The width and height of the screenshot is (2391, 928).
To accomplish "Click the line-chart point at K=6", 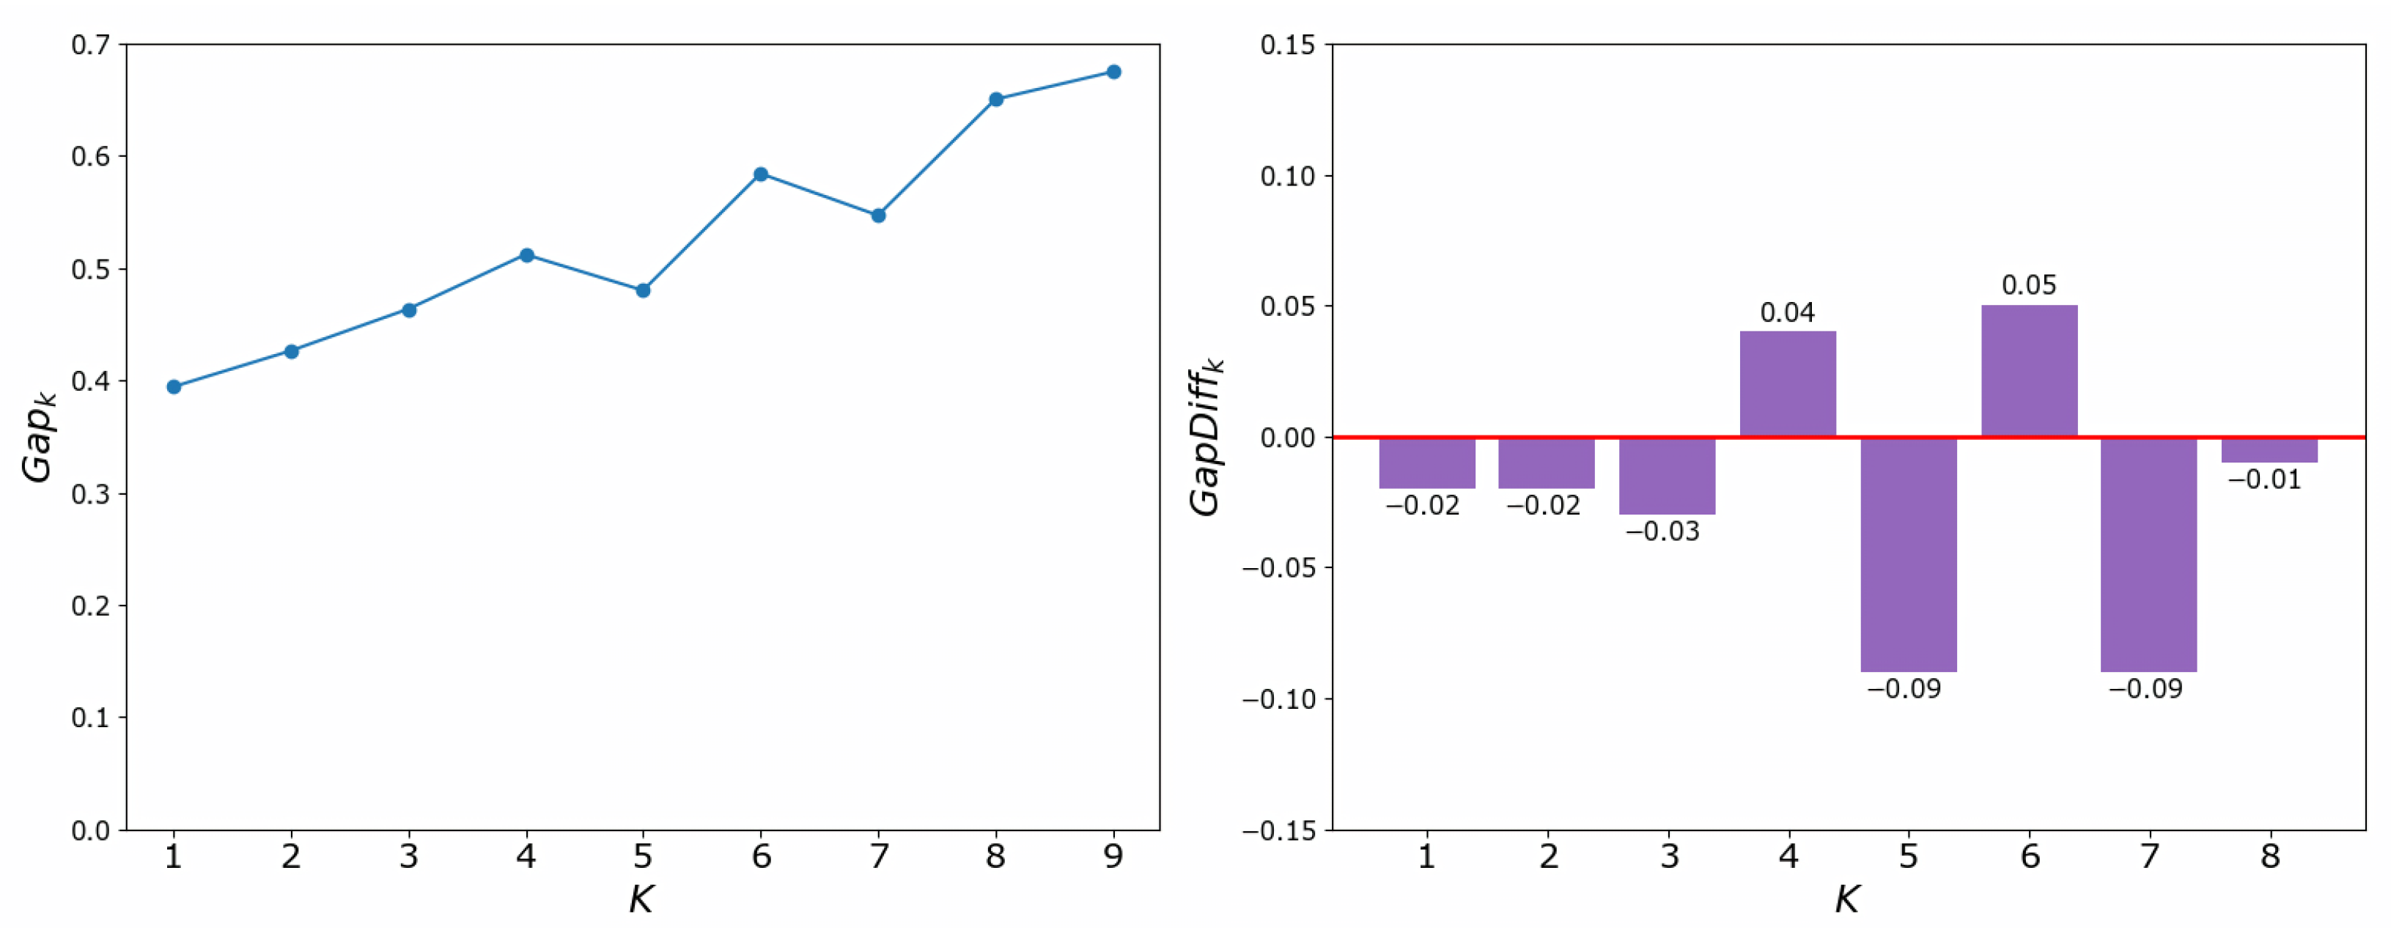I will (x=760, y=174).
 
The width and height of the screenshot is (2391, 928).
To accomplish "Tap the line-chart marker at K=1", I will (x=174, y=387).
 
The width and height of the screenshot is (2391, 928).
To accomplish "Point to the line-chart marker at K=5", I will (x=644, y=290).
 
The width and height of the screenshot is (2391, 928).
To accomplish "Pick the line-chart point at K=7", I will (x=878, y=216).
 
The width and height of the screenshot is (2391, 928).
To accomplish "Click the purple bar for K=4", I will (x=1788, y=384).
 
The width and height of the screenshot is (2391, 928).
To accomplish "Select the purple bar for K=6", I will (x=2029, y=371).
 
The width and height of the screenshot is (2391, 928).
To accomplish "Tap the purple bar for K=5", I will (x=1909, y=554).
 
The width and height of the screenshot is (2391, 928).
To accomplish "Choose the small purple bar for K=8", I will (x=2269, y=450).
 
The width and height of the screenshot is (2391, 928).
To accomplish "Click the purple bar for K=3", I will (x=1667, y=475).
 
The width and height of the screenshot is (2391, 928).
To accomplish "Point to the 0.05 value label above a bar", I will (x=2029, y=285).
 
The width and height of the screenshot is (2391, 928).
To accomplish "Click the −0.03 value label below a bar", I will (x=1662, y=531).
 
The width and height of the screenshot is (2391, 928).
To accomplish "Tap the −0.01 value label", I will (x=2265, y=480).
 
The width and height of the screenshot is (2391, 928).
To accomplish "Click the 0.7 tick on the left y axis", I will (x=90, y=45).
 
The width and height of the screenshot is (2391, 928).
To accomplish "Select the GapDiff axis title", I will (x=1206, y=436).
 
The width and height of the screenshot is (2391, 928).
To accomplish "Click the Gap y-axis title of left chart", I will (x=39, y=436).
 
